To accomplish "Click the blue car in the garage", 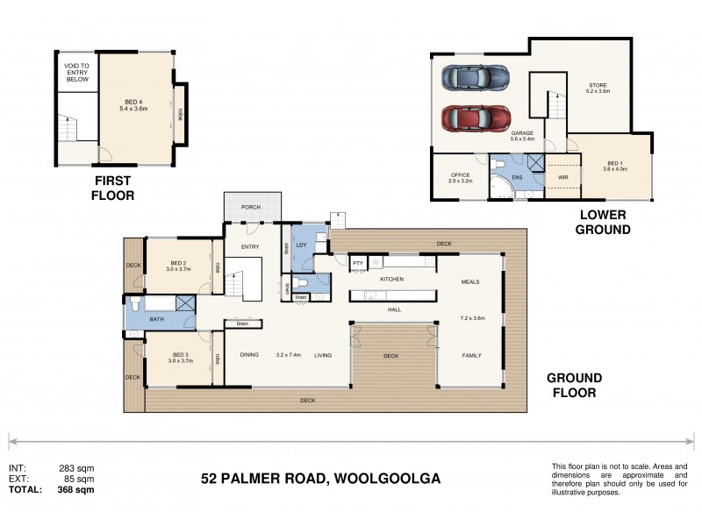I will (x=476, y=77).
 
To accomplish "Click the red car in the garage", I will (x=476, y=117).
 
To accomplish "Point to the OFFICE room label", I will (x=461, y=175).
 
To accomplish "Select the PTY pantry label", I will (x=358, y=262).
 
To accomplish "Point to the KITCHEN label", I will (x=390, y=279).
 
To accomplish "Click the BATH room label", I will (x=156, y=319).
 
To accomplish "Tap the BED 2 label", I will (x=179, y=262).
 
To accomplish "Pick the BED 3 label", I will (x=179, y=355).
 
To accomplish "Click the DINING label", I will (x=249, y=355).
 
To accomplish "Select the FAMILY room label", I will (x=473, y=355).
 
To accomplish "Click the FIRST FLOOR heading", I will (x=113, y=188).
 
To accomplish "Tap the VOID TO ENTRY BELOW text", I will (x=77, y=72).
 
